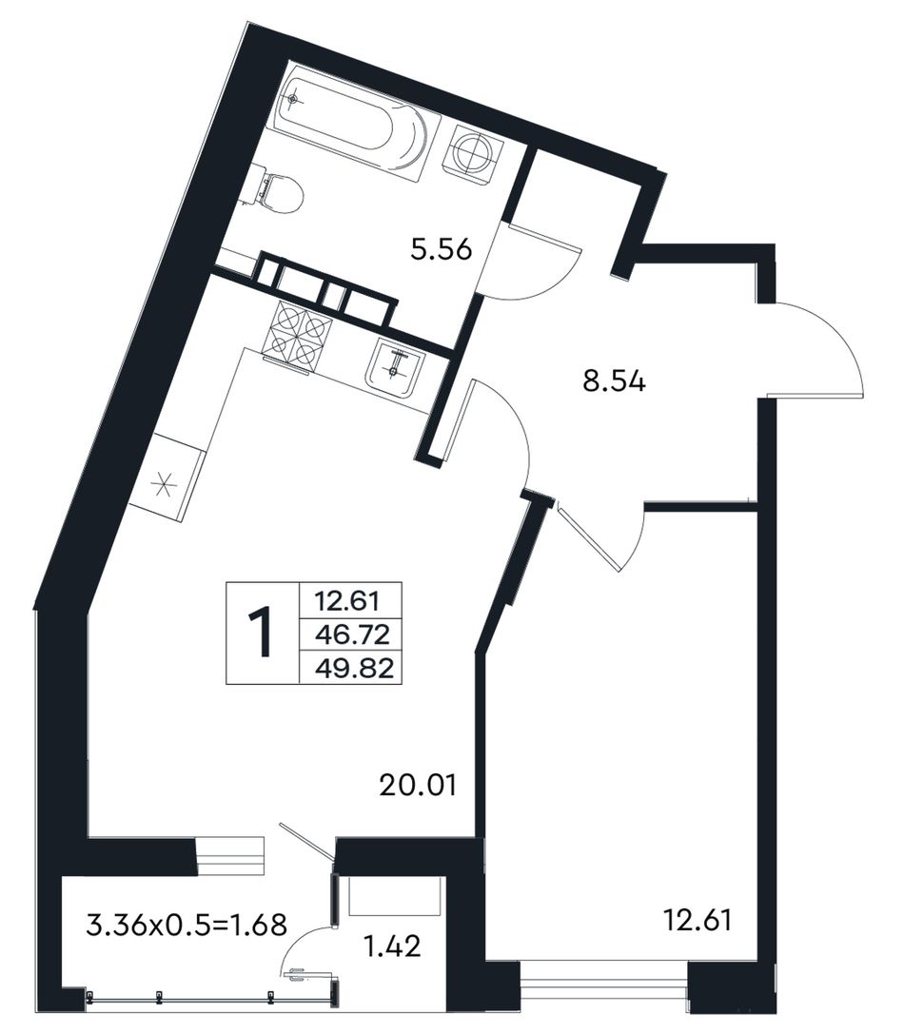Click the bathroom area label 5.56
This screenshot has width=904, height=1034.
tap(441, 250)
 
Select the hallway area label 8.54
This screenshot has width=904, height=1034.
tap(614, 381)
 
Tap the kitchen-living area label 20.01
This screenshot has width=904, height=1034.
tap(418, 786)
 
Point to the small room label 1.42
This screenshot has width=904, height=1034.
tap(392, 946)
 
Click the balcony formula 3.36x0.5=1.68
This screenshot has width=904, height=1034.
tap(187, 924)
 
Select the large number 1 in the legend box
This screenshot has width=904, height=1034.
tap(262, 634)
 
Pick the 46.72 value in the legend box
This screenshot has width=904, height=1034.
tap(353, 635)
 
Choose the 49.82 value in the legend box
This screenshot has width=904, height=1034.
tap(354, 670)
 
